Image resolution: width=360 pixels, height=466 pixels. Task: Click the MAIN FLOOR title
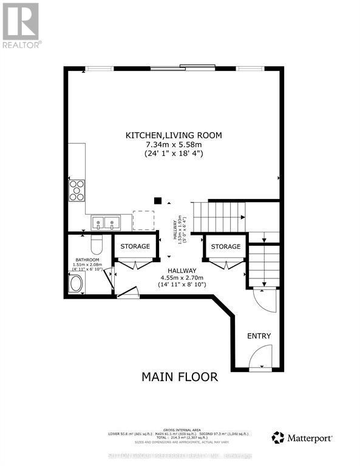tap(180, 377)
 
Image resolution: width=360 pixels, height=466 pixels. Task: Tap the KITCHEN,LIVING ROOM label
tap(174, 135)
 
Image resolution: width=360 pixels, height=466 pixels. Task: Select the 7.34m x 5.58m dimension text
tap(174, 144)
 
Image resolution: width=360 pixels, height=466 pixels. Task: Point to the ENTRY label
tap(259, 336)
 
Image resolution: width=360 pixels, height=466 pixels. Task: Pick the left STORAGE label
tap(135, 246)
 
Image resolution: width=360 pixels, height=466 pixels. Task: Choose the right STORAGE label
tap(226, 246)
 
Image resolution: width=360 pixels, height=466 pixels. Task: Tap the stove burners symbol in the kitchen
tap(76, 190)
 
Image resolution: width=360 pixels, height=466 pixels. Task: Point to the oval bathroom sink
tap(76, 284)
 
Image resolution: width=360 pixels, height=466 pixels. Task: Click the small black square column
tap(158, 201)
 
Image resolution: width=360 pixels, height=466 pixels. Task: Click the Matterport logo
tap(298, 437)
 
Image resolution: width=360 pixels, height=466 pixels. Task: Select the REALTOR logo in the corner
tap(21, 25)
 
